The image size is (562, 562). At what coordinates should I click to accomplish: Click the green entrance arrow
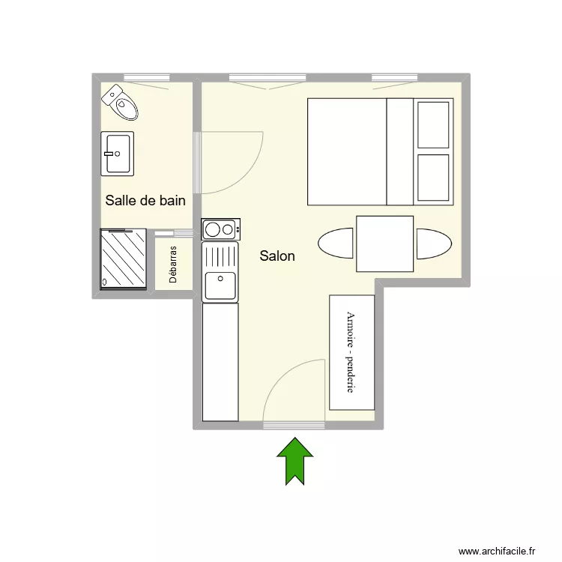[x=295, y=461]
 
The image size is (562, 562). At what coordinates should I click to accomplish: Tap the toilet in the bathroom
[x=120, y=102]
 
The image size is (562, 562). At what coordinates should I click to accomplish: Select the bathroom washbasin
[x=117, y=154]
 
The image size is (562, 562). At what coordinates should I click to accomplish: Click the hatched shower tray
[x=124, y=259]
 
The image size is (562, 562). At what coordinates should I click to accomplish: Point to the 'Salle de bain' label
[x=145, y=200]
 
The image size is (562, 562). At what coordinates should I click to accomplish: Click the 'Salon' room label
[x=277, y=256]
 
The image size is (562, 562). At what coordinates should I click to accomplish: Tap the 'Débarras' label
[x=173, y=265]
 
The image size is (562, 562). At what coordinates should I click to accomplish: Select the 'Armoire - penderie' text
[x=351, y=352]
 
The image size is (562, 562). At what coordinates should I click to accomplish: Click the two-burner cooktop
[x=221, y=229]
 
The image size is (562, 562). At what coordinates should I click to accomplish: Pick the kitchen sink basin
[x=220, y=285]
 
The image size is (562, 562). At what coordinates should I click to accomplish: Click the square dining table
[x=384, y=244]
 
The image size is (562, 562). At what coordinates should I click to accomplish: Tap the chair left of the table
[x=336, y=243]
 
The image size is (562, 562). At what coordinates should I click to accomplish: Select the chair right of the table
[x=434, y=244]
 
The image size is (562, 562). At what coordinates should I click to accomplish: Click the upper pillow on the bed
[x=433, y=124]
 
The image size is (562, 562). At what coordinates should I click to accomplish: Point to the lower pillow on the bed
[x=433, y=178]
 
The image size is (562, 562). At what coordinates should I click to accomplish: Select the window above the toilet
[x=147, y=77]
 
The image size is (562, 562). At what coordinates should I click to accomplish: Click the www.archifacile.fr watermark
[x=497, y=551]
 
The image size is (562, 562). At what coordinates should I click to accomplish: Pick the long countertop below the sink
[x=220, y=362]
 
